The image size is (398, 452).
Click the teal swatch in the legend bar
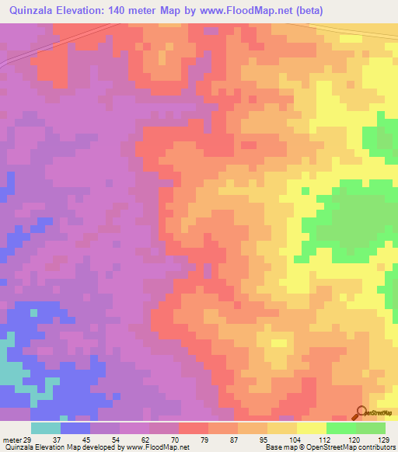(46, 428)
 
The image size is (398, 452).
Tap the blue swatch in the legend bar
(75, 428)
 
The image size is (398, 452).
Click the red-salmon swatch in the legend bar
(194, 428)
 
